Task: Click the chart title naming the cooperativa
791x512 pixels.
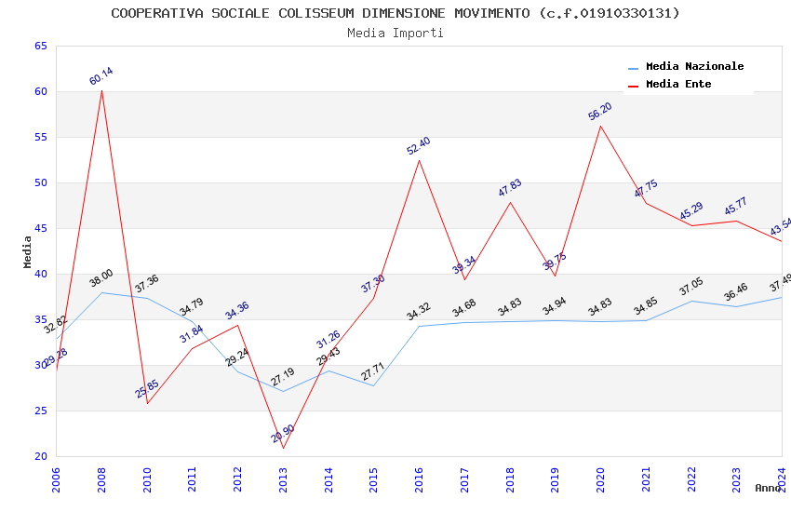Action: point(395,13)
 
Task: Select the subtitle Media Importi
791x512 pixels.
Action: point(395,33)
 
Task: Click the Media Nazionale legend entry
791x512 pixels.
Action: point(694,67)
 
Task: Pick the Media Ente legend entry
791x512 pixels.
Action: point(678,84)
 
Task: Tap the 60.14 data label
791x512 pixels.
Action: point(101,76)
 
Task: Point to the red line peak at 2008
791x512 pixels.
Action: point(101,90)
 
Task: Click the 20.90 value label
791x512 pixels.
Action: point(283,434)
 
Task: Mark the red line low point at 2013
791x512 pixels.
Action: point(283,448)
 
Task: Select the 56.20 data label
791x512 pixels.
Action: point(600,112)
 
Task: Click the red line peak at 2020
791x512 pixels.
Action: point(600,126)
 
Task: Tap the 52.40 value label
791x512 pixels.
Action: point(419,146)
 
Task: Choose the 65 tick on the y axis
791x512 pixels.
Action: point(40,46)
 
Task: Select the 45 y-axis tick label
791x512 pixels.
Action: point(40,228)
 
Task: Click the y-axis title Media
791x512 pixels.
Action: point(28,251)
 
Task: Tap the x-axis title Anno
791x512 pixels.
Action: point(768,488)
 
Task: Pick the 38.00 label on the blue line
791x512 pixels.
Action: point(101,277)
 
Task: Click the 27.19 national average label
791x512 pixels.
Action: point(283,378)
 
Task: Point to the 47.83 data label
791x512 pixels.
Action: point(510,188)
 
